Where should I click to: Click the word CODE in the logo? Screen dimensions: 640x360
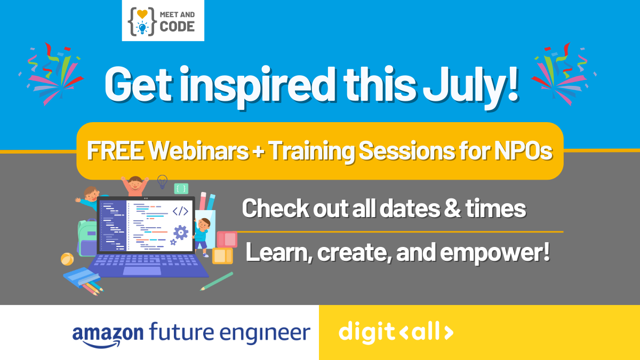point(177,27)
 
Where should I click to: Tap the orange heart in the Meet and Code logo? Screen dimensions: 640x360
point(142,14)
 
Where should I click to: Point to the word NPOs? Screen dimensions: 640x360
point(523,150)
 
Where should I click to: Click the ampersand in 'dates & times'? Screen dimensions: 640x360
point(452,209)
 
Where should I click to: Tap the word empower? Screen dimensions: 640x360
point(494,252)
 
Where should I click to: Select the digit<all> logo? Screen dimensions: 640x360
point(396,333)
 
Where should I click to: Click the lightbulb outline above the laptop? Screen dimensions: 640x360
point(162,182)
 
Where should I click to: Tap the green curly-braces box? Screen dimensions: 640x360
point(181,189)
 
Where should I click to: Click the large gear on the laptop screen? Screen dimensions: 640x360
point(181,233)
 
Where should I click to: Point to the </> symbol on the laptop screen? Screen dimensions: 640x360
point(181,211)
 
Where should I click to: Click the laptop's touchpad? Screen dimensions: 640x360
point(142,271)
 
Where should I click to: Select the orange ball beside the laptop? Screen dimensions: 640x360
point(67,259)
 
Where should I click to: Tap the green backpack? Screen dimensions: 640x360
point(87,238)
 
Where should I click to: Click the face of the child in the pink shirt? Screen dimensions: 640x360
point(135,185)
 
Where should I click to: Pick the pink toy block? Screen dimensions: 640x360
point(227,239)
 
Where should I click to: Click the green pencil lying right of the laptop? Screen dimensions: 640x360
point(217,282)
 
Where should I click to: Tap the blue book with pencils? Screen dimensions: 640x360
point(82,277)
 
